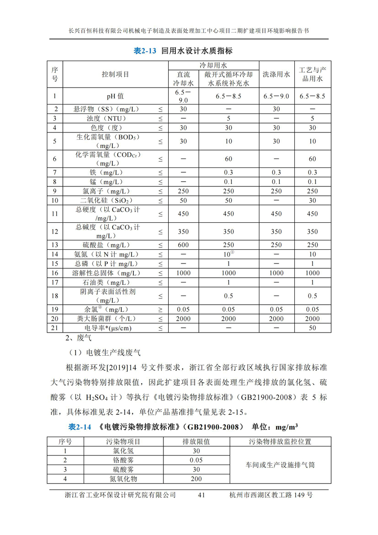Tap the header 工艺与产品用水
[312, 74]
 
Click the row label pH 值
[115, 96]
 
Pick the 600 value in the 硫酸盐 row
[183, 245]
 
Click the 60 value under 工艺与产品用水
[312, 158]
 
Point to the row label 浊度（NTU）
[107, 118]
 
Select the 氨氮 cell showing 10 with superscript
[229, 254]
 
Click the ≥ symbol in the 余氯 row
[160, 309]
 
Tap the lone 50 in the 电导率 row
[312, 327]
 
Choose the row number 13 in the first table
[55, 245]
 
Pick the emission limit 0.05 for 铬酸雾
[196, 460]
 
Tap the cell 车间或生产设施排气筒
[280, 465]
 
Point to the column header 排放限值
[196, 441]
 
